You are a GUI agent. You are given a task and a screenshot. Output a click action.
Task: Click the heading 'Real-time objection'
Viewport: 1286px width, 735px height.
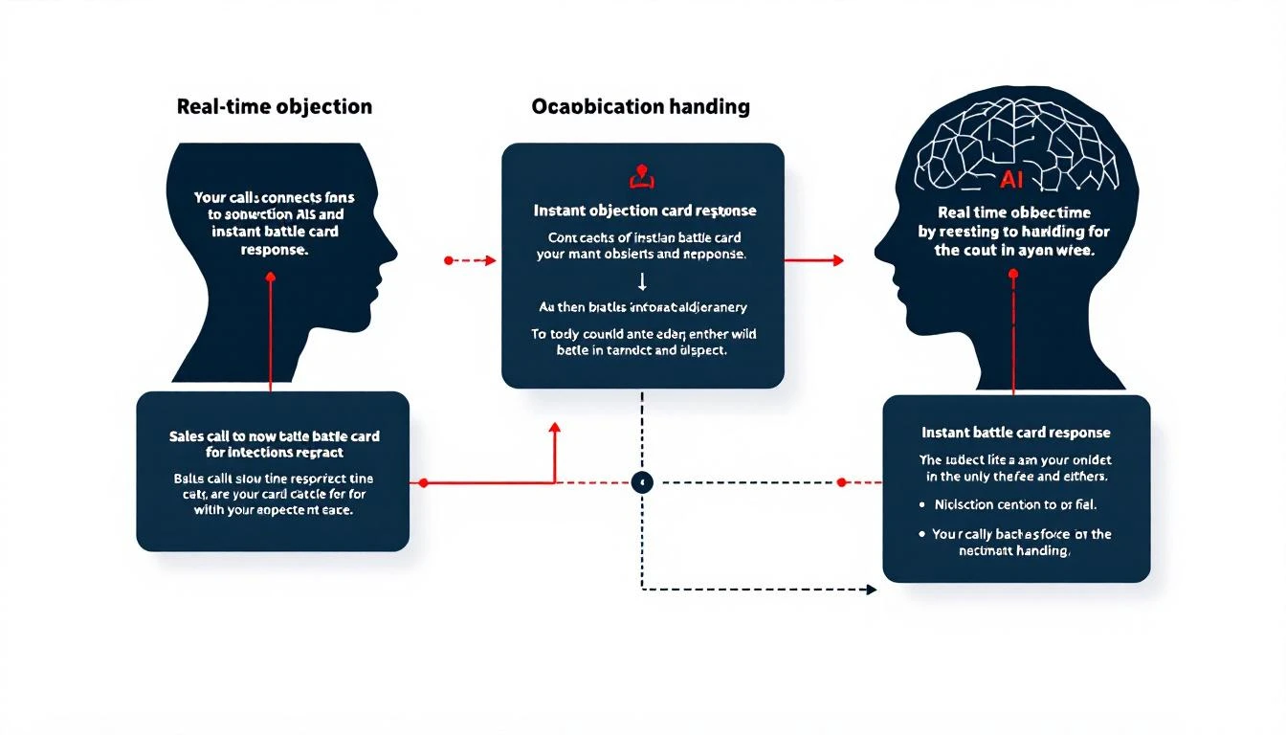pos(275,106)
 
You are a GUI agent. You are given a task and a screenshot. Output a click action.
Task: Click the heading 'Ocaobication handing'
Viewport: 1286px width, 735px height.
pos(640,106)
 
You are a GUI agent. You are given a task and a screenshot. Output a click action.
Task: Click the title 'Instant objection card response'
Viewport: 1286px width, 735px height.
pos(645,210)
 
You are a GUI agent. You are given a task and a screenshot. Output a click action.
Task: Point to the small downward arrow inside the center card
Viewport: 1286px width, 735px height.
pos(642,280)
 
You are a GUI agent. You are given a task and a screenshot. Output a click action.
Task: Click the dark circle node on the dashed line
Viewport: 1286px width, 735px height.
pos(643,482)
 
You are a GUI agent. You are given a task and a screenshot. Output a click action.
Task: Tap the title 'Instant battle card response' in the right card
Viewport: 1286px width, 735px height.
pos(1016,433)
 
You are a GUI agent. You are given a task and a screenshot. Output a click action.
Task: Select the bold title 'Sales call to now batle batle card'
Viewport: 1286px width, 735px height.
pos(275,435)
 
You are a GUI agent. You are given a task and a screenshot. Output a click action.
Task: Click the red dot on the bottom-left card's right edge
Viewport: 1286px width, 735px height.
pos(422,482)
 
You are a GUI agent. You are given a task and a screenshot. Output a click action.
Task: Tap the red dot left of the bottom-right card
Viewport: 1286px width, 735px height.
pos(842,482)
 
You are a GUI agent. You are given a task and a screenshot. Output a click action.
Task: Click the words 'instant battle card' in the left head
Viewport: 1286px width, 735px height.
pos(275,232)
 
